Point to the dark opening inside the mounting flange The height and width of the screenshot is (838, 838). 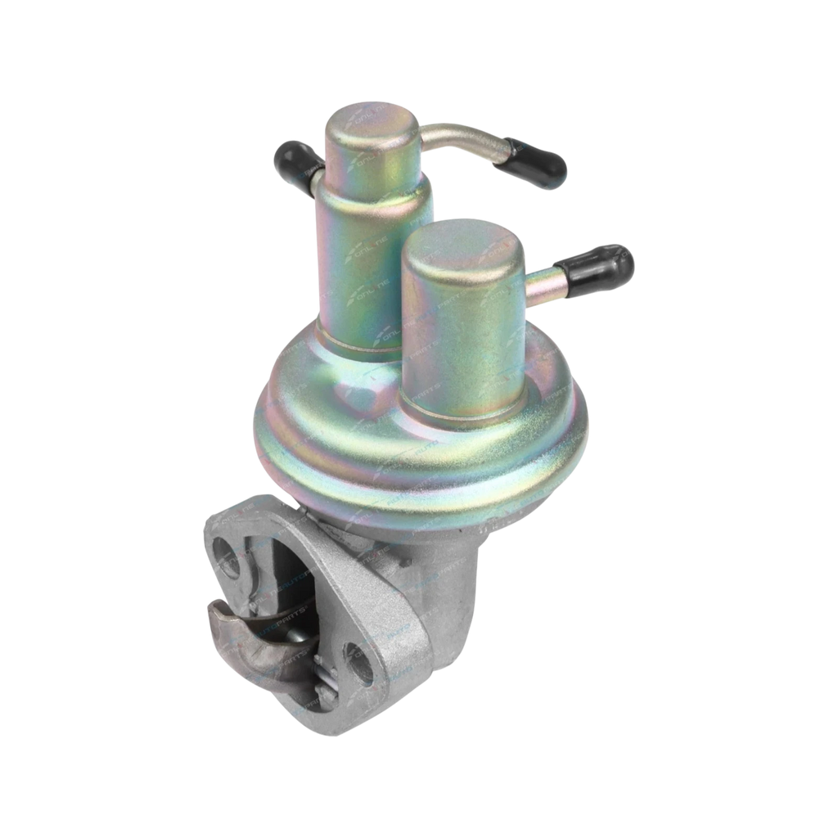pyautogui.click(x=291, y=573)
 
